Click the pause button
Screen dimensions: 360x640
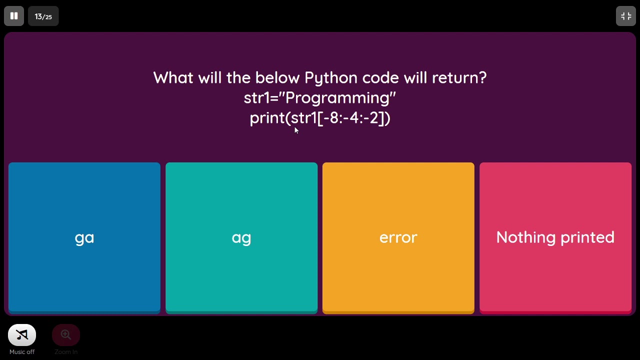14,16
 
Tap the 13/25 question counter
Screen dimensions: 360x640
43,16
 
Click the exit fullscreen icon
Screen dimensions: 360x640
625,16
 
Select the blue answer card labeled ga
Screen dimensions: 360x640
84,237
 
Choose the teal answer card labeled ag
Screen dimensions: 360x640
241,237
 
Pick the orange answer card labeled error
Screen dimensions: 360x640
398,237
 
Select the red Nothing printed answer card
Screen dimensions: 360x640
555,237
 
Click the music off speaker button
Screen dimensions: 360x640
22,335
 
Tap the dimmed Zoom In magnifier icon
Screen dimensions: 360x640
66,335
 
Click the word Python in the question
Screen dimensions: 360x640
330,78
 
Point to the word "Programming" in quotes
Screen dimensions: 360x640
339,98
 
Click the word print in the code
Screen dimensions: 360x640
267,118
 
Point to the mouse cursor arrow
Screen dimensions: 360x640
296,130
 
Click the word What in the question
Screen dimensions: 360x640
173,78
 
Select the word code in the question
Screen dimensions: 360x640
381,78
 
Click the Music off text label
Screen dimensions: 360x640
22,352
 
